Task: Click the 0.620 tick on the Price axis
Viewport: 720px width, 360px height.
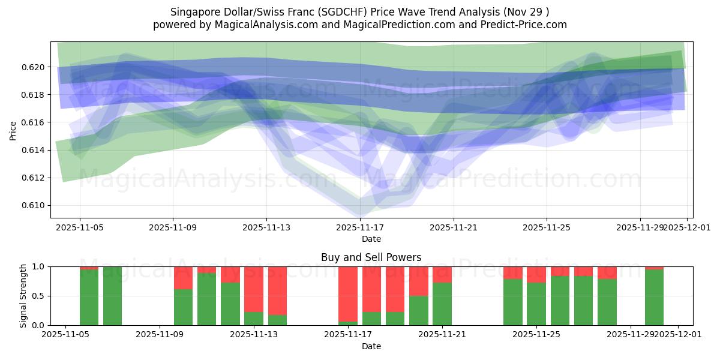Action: (x=35, y=67)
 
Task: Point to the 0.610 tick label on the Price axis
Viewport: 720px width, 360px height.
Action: (x=35, y=206)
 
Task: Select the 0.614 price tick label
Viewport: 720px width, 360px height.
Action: (x=35, y=150)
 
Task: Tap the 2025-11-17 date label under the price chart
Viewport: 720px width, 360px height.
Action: (x=360, y=228)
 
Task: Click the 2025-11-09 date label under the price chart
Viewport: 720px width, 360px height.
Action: (x=173, y=228)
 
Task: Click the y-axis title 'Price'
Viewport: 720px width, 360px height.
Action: (x=13, y=130)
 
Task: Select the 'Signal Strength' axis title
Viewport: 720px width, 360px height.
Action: (x=23, y=296)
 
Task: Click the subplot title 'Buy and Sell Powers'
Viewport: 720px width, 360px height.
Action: (x=371, y=257)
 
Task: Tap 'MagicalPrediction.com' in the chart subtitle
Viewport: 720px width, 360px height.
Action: (x=395, y=25)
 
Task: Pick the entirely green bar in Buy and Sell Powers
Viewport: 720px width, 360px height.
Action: (x=113, y=296)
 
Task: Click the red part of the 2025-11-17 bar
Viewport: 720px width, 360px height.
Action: (x=348, y=294)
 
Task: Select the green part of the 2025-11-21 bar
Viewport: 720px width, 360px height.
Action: (x=442, y=304)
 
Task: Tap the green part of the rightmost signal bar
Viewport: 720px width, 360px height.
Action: (x=654, y=298)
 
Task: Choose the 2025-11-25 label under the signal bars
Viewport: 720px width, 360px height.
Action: (x=536, y=335)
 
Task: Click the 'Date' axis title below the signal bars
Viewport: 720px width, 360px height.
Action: (x=371, y=346)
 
